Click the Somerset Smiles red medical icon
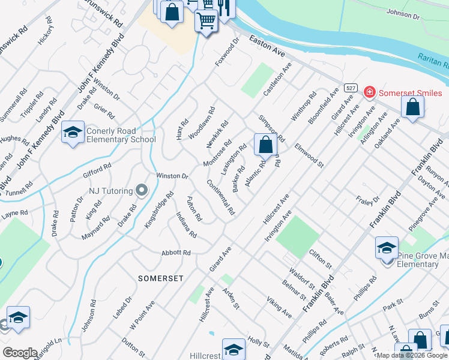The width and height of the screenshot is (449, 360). tap(369, 93)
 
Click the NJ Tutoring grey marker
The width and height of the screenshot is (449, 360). tap(142, 191)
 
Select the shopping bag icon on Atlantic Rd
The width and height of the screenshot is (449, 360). tap(265, 145)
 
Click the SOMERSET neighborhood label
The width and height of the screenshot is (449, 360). tap(160, 278)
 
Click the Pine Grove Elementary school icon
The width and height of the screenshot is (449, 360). tap(387, 247)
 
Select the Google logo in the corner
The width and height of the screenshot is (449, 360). tap(20, 353)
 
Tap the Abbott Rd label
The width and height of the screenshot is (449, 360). tap(176, 253)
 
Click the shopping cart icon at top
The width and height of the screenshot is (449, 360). tap(206, 21)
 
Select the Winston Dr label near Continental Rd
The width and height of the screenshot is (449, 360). tap(172, 176)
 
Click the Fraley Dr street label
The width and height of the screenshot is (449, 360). tap(368, 199)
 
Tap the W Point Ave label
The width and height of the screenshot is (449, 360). tap(142, 314)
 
